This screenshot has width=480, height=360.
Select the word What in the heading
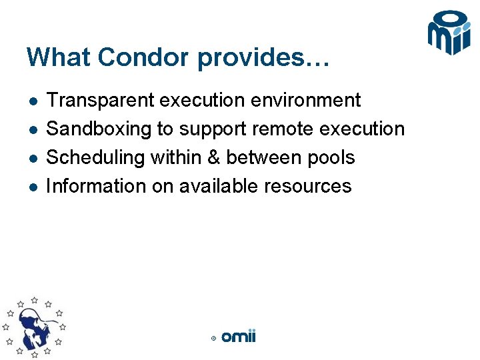tap(59, 57)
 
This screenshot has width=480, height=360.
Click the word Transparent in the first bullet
tap(100, 100)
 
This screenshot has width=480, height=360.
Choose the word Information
tap(96, 186)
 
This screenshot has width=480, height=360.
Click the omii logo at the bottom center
tap(238, 337)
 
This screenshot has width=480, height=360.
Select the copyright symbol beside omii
tap(213, 339)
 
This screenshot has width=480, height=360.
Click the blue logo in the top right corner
tap(449, 33)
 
